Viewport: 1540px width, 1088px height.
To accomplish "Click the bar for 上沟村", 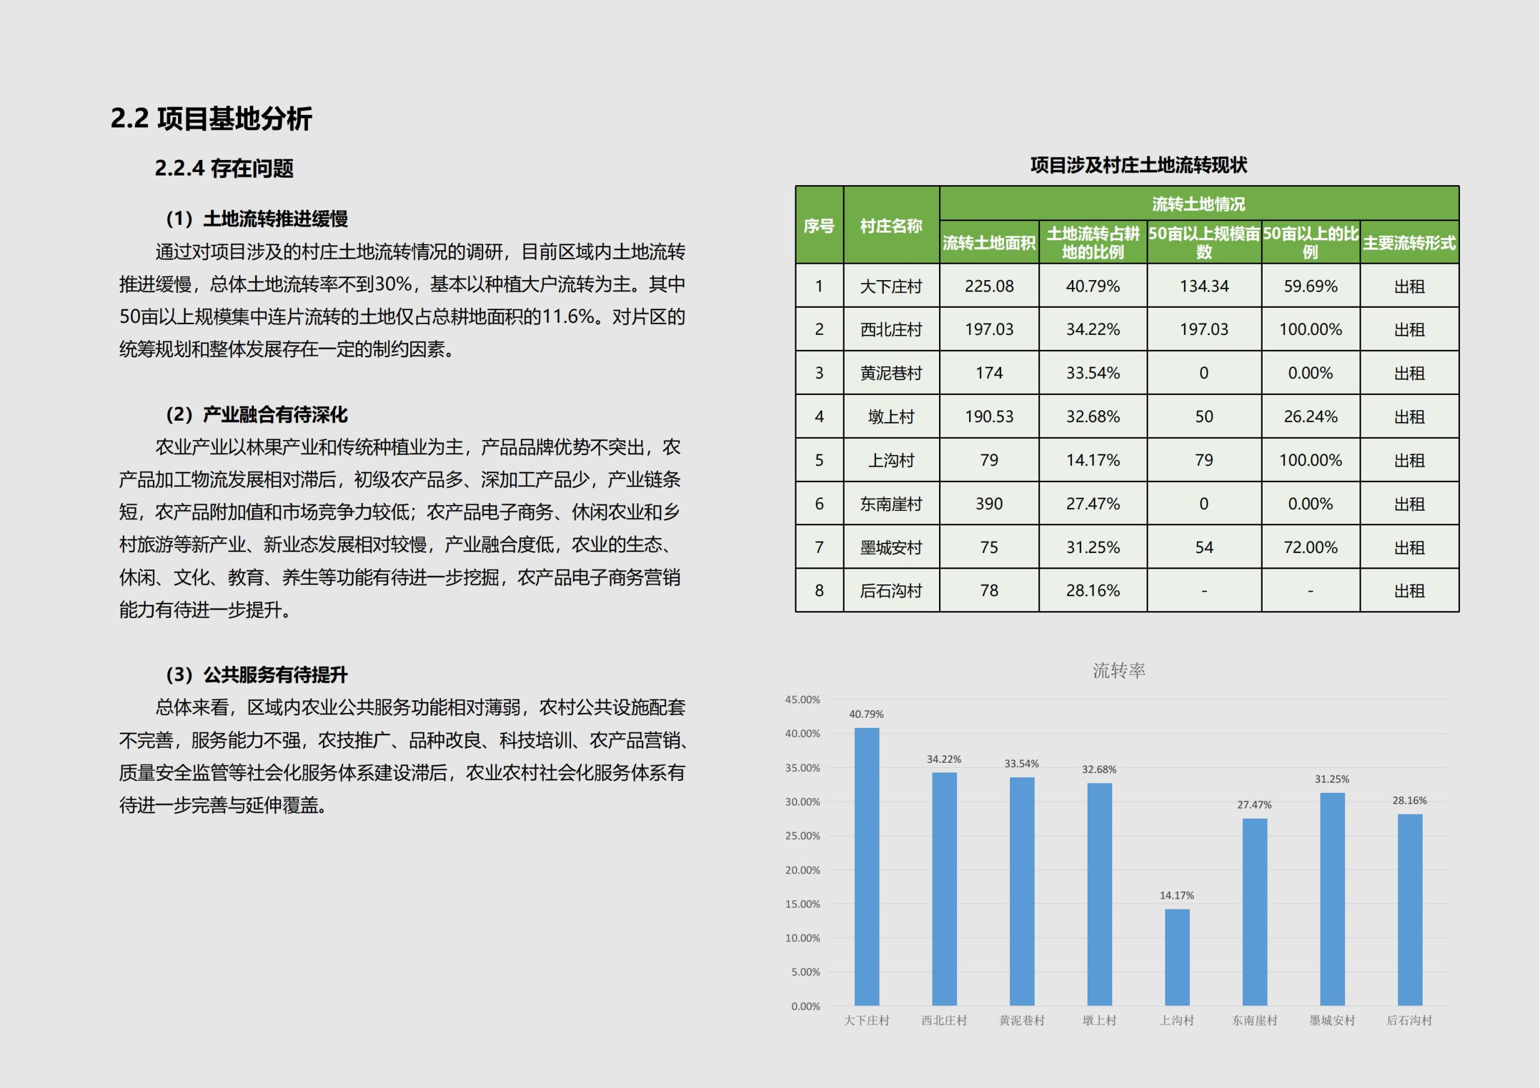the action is pyautogui.click(x=1177, y=958).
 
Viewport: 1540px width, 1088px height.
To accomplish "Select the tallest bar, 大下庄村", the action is pyautogui.click(x=867, y=867).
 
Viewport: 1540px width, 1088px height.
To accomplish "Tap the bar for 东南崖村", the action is pyautogui.click(x=1255, y=912).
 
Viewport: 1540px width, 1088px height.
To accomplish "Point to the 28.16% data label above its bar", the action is pyautogui.click(x=1409, y=801).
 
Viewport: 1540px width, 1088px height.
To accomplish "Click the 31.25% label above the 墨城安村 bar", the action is pyautogui.click(x=1332, y=779).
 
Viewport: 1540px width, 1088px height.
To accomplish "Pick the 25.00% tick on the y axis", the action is pyautogui.click(x=803, y=836).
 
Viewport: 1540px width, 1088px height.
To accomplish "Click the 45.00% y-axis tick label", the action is pyautogui.click(x=803, y=699).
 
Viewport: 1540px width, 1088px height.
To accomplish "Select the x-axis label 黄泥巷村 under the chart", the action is pyautogui.click(x=1021, y=1020).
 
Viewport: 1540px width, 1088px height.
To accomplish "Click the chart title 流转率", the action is pyautogui.click(x=1119, y=670).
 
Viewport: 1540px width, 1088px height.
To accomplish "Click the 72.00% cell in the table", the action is pyautogui.click(x=1310, y=547).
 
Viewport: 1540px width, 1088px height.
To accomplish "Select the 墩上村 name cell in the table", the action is pyautogui.click(x=891, y=417).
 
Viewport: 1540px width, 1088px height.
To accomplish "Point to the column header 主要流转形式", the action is pyautogui.click(x=1409, y=243).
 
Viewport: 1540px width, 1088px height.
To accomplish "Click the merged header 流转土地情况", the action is pyautogui.click(x=1198, y=204).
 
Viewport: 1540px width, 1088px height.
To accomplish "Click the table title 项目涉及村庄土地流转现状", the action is pyautogui.click(x=1138, y=165).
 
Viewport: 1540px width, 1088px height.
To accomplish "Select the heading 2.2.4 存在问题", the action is pyautogui.click(x=224, y=168).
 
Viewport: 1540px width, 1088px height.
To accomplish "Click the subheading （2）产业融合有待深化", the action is pyautogui.click(x=257, y=414).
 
